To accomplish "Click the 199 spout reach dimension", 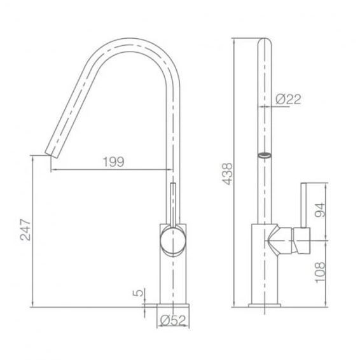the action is tap(113, 162).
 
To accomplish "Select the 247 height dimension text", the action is tap(25, 230).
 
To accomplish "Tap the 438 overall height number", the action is tap(227, 174).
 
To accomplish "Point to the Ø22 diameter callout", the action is tap(288, 99).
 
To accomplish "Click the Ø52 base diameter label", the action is tap(172, 321).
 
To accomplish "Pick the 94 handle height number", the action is tap(320, 210).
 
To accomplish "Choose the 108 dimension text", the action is tap(320, 272).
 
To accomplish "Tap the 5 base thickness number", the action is tap(138, 293).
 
